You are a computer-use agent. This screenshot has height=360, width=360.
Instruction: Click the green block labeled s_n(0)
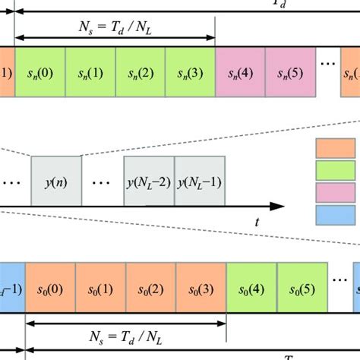pyautogui.click(x=39, y=73)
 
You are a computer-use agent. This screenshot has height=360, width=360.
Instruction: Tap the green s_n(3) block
pyautogui.click(x=190, y=73)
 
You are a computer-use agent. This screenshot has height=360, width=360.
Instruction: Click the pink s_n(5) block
pyautogui.click(x=290, y=73)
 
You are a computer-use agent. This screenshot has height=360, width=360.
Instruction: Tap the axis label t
pyautogui.click(x=257, y=223)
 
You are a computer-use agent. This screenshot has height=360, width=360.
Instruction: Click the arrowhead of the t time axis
pyautogui.click(x=279, y=206)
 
